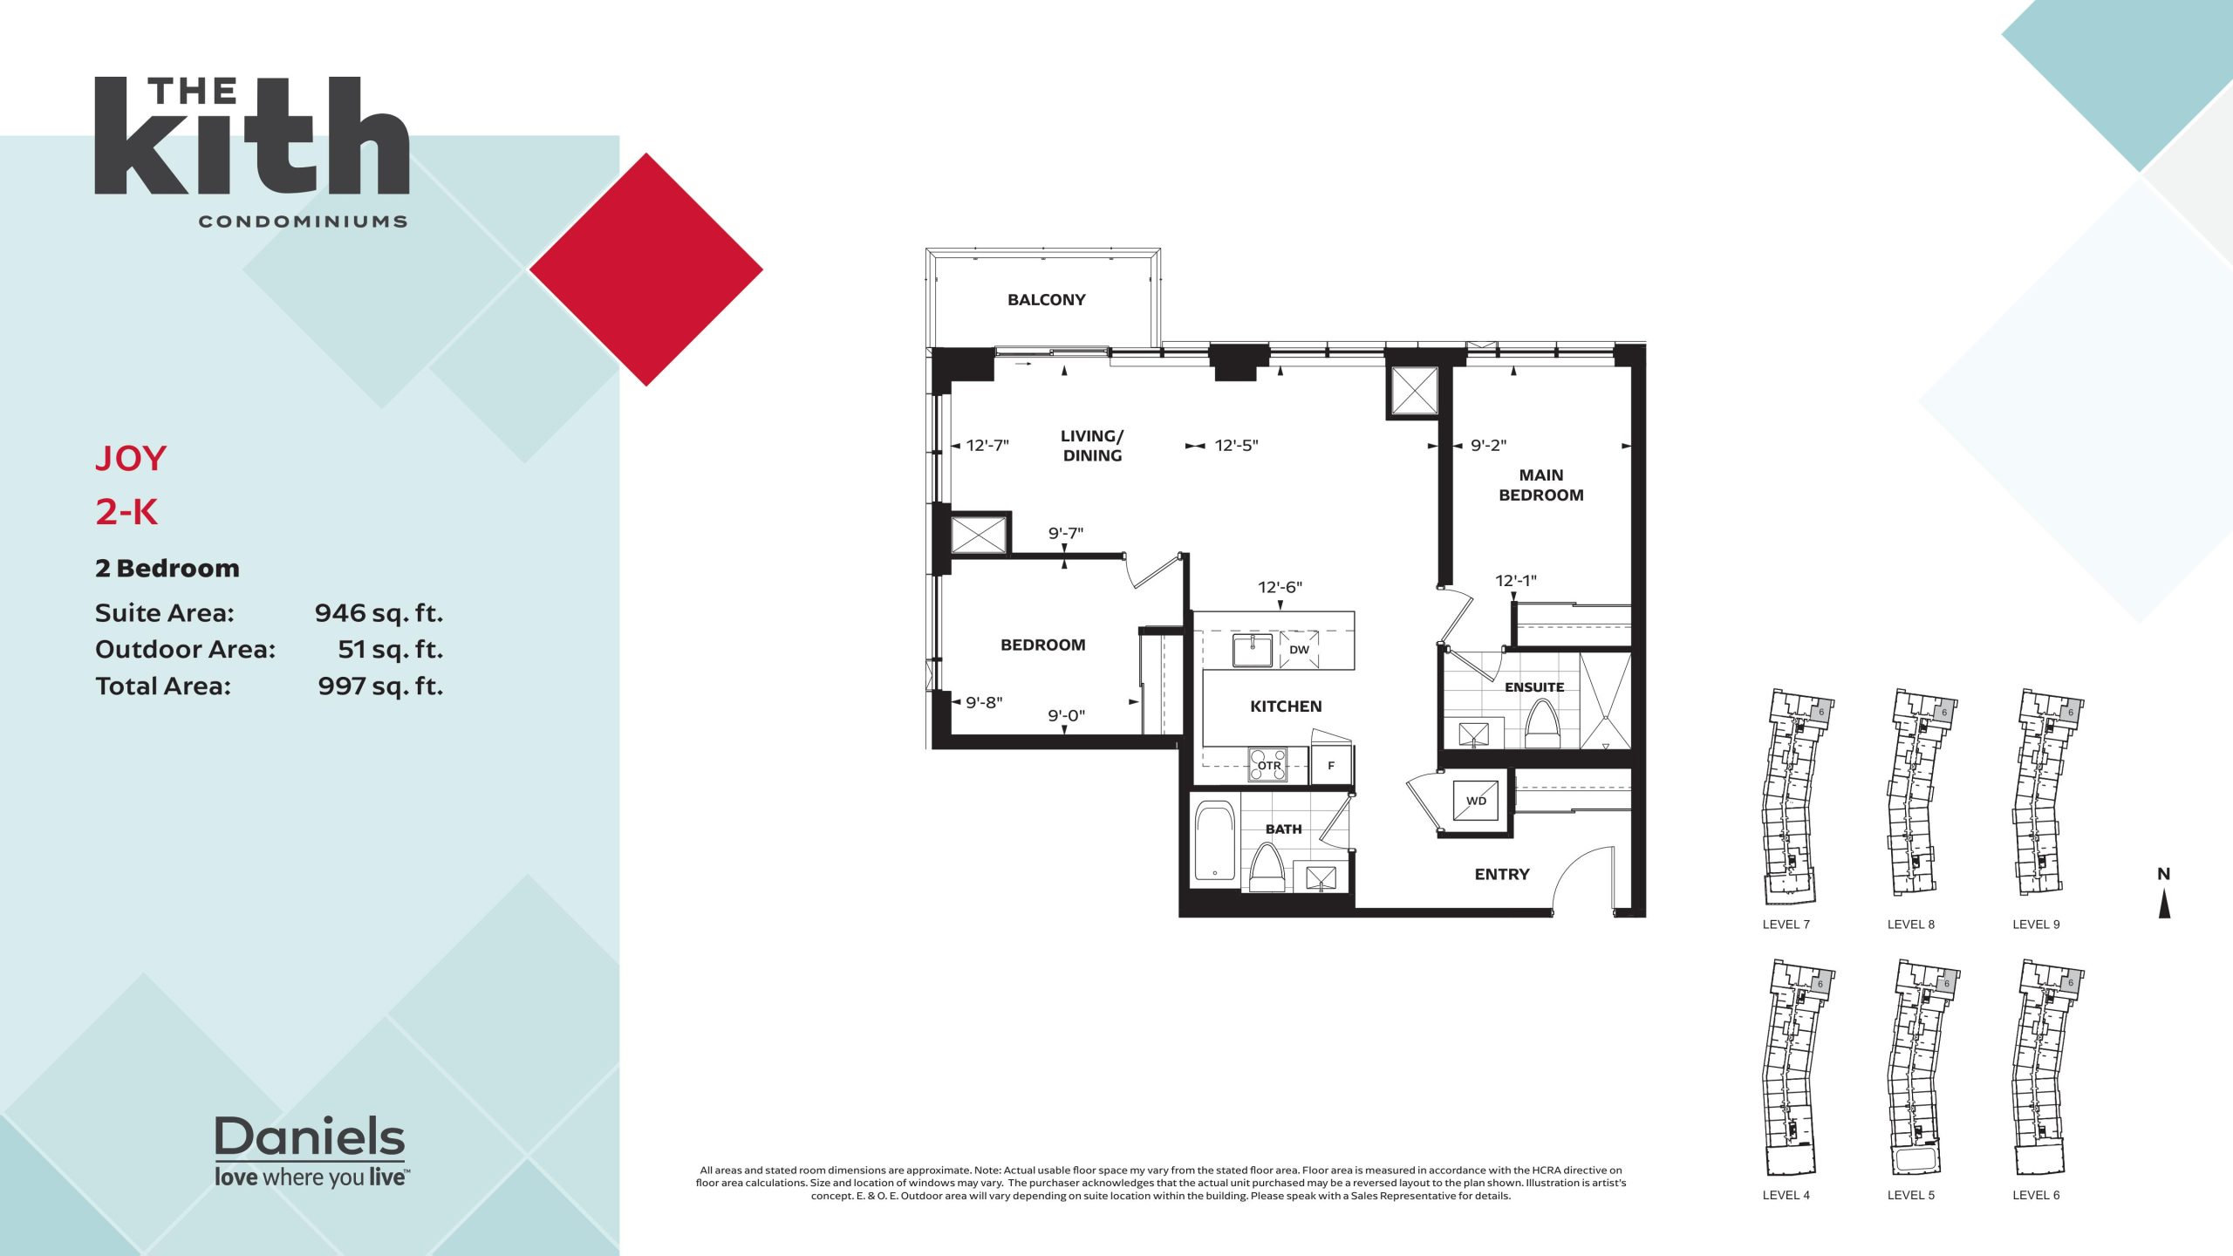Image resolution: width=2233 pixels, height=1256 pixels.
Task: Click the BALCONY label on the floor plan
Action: (x=1046, y=300)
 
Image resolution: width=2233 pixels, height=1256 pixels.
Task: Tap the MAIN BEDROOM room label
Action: (x=1540, y=485)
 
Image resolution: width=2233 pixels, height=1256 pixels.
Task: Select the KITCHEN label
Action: (x=1286, y=706)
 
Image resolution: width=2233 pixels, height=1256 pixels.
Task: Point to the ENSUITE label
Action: (x=1534, y=687)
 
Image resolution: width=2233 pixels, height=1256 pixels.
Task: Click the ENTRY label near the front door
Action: (x=1502, y=874)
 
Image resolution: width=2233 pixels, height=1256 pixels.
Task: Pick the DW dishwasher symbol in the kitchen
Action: (x=1299, y=650)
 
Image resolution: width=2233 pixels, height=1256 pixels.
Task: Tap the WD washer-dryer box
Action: (x=1476, y=801)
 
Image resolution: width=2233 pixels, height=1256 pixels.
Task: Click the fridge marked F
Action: (x=1331, y=765)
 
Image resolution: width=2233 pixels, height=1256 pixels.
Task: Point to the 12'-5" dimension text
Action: (x=1236, y=446)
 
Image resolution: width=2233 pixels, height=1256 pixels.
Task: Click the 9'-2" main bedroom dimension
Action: (x=1488, y=446)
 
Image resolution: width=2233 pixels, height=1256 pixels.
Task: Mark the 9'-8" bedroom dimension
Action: (x=984, y=702)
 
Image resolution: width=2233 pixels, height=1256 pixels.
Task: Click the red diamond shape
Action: (x=646, y=270)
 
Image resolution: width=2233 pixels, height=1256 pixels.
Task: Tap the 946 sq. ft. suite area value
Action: (x=379, y=613)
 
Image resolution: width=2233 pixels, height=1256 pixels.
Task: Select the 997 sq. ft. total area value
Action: (x=380, y=686)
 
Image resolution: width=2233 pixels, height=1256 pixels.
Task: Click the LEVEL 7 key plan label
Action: (x=1786, y=925)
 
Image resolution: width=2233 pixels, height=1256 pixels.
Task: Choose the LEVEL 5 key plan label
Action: (x=1911, y=1195)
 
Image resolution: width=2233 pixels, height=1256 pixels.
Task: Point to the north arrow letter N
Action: (x=2163, y=874)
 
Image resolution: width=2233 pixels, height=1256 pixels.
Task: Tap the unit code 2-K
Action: (x=126, y=512)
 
